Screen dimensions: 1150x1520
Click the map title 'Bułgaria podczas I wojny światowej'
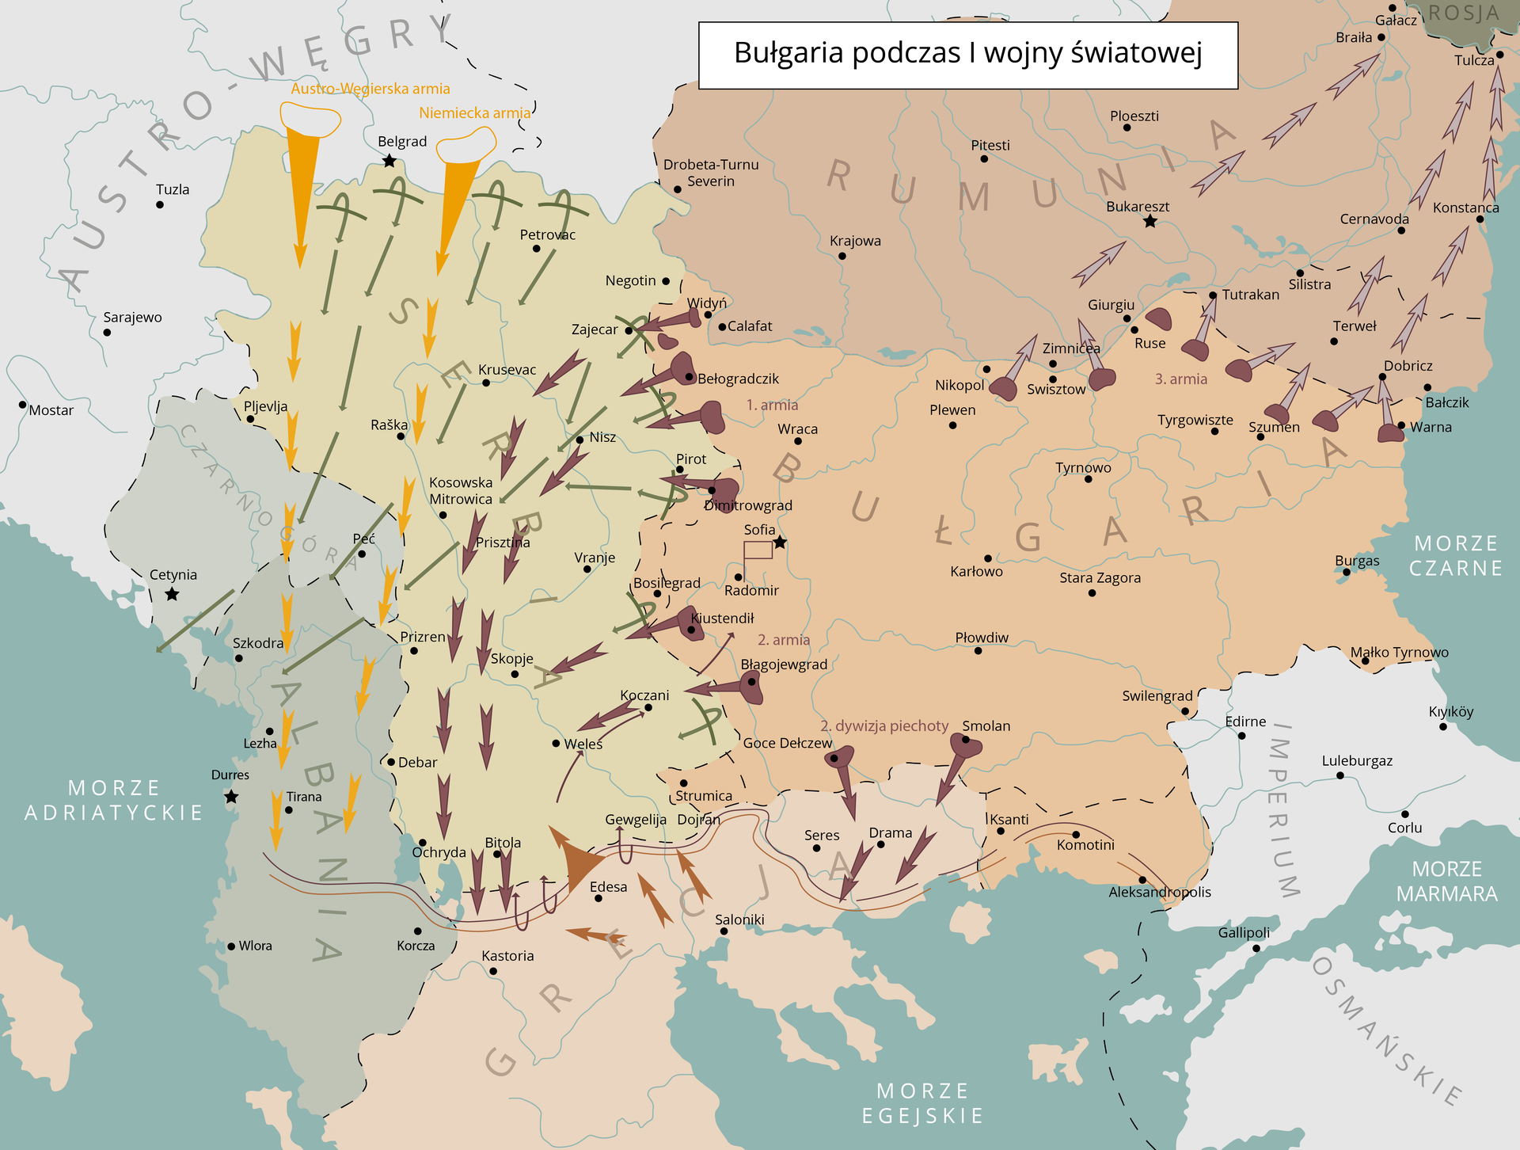pyautogui.click(x=967, y=54)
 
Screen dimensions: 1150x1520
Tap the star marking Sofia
pyautogui.click(x=780, y=543)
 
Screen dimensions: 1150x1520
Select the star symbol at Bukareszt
pyautogui.click(x=1150, y=222)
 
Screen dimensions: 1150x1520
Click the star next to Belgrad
pyautogui.click(x=389, y=162)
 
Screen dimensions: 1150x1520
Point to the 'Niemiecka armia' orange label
pyautogui.click(x=474, y=113)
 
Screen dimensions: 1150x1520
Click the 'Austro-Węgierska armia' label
pyautogui.click(x=370, y=89)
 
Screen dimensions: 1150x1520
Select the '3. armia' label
pyautogui.click(x=1180, y=379)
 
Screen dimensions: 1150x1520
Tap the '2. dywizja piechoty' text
pyautogui.click(x=883, y=726)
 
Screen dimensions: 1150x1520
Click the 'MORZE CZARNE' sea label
pyautogui.click(x=1455, y=556)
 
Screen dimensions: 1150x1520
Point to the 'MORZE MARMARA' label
pyautogui.click(x=1446, y=882)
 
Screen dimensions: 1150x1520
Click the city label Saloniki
pyautogui.click(x=739, y=920)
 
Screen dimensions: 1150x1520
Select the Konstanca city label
pyautogui.click(x=1465, y=208)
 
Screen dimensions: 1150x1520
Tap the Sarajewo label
pyautogui.click(x=132, y=318)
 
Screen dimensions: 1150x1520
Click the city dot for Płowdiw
pyautogui.click(x=978, y=651)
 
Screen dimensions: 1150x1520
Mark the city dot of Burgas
pyautogui.click(x=1347, y=572)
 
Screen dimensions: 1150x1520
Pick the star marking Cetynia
pyautogui.click(x=172, y=594)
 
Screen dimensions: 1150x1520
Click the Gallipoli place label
pyautogui.click(x=1244, y=933)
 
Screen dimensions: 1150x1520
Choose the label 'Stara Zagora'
pyautogui.click(x=1100, y=578)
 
